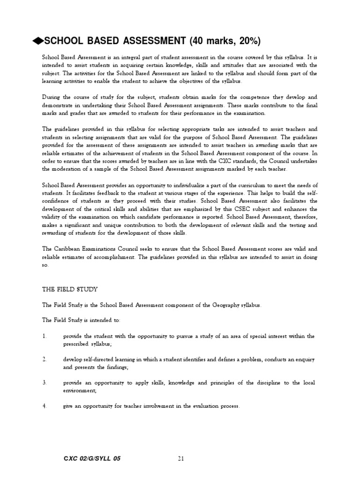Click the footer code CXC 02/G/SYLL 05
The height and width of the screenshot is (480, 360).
click(x=91, y=458)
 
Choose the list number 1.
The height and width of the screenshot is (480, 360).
click(x=44, y=337)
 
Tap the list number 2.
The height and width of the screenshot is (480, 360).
click(x=44, y=360)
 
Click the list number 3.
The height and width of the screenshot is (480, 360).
click(x=44, y=383)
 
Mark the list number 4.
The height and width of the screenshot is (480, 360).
click(x=44, y=406)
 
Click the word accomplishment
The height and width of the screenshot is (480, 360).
click(x=122, y=258)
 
